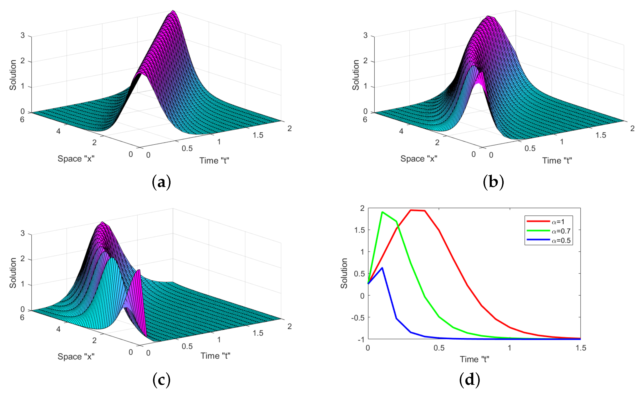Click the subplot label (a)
pyautogui.click(x=161, y=182)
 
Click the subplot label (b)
pyautogui.click(x=493, y=182)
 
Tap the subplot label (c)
pyautogui.click(x=161, y=380)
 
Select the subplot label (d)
pyautogui.click(x=470, y=380)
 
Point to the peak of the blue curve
pyautogui.click(x=382, y=268)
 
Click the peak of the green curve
pyautogui.click(x=382, y=212)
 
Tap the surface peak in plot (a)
pyautogui.click(x=173, y=11)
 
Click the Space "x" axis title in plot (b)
pyautogui.click(x=419, y=158)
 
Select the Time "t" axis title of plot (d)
pyautogui.click(x=474, y=359)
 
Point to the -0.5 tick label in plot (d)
pyautogui.click(x=358, y=318)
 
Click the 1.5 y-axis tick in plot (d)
pyautogui.click(x=359, y=230)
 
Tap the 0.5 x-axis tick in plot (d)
pyautogui.click(x=439, y=348)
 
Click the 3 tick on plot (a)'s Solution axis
pyautogui.click(x=23, y=35)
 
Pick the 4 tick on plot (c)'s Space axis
pyautogui.click(x=58, y=329)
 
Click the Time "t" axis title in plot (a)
pyautogui.click(x=214, y=160)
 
